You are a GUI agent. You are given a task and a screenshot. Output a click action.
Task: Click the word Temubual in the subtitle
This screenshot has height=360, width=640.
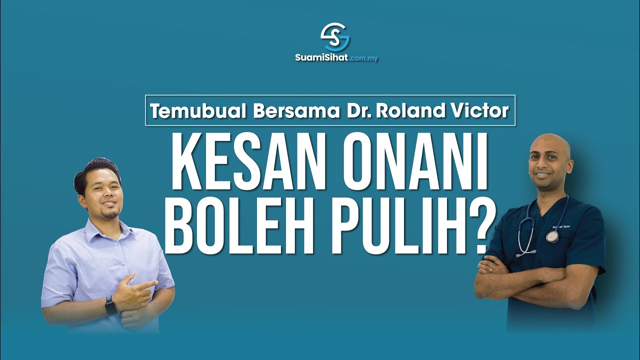click(198, 111)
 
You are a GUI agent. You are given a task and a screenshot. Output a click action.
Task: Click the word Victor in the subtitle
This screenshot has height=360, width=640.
click(479, 111)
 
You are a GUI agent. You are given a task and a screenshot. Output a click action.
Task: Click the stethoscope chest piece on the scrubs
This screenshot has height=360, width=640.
click(552, 236)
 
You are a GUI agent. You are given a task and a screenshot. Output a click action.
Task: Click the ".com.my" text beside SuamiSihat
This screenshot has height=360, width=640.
click(363, 58)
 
